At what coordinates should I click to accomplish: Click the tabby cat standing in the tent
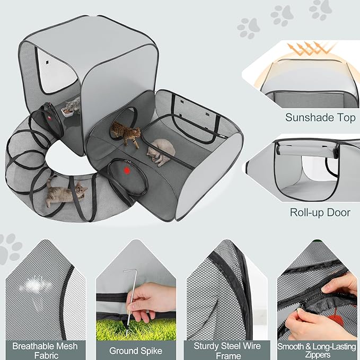point(125,133)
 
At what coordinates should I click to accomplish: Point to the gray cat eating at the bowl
point(74,105)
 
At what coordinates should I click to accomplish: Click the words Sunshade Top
point(320,117)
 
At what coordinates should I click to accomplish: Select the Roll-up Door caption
point(320,212)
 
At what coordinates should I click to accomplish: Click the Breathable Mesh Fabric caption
point(45,350)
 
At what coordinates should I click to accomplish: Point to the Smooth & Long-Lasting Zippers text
point(317,350)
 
